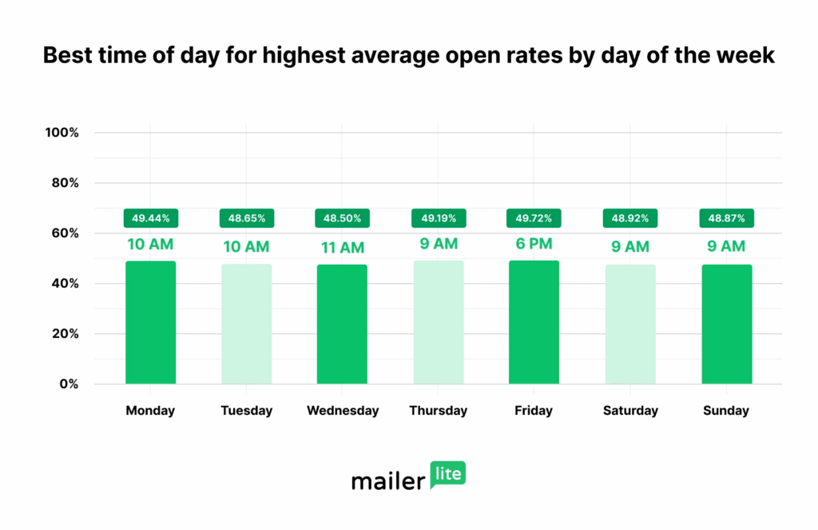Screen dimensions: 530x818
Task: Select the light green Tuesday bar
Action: (246, 324)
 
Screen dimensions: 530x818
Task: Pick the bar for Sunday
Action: (726, 324)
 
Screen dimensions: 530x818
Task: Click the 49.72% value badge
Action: (534, 217)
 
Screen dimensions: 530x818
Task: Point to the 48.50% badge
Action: (342, 217)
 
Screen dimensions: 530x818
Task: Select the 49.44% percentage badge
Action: (150, 217)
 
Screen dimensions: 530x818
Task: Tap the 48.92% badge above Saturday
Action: (629, 217)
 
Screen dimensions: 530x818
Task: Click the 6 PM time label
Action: (534, 243)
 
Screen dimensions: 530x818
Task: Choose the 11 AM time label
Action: (342, 248)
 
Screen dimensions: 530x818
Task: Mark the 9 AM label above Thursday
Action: (438, 243)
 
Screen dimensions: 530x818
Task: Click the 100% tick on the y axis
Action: (62, 133)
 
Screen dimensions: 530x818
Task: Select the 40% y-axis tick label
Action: (64, 284)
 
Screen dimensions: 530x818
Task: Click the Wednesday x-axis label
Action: (343, 411)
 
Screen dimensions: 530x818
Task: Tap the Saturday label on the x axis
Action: (630, 411)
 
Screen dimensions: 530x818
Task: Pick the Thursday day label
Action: (438, 411)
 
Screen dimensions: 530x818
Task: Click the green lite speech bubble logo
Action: (448, 475)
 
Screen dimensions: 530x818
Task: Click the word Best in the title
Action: (68, 55)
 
